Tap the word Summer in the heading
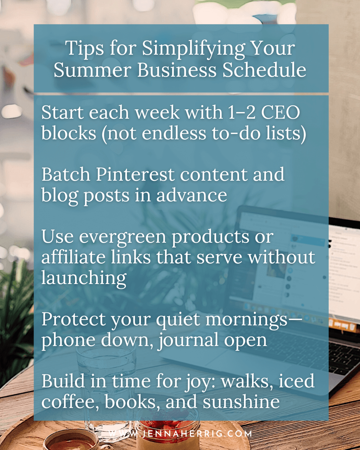pos(92,70)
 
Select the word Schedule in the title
pos(264,70)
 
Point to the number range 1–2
pos(242,112)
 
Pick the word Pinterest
pos(135,174)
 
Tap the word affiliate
pos(73,257)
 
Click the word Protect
pos(74,320)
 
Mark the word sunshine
pos(241,402)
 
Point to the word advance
pos(192,195)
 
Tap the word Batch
pos(66,174)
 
